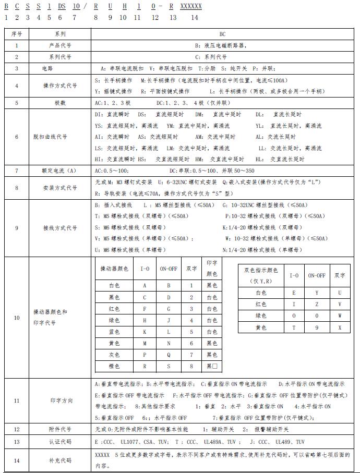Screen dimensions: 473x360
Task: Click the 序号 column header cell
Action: tap(16, 34)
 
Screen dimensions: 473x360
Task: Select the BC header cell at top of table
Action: tap(222, 34)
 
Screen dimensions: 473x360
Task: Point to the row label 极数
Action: tap(60, 103)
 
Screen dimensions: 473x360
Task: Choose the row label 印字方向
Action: tap(61, 401)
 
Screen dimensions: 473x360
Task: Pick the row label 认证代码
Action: tap(61, 442)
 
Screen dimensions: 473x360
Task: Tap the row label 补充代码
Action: tap(61, 460)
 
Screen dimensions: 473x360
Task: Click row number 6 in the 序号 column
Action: tap(16, 137)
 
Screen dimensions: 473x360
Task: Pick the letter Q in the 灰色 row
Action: tap(169, 355)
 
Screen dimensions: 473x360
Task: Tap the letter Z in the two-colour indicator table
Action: tap(317, 304)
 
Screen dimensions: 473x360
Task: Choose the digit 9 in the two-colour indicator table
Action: tap(317, 327)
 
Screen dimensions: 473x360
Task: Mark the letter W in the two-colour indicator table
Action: tap(340, 316)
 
